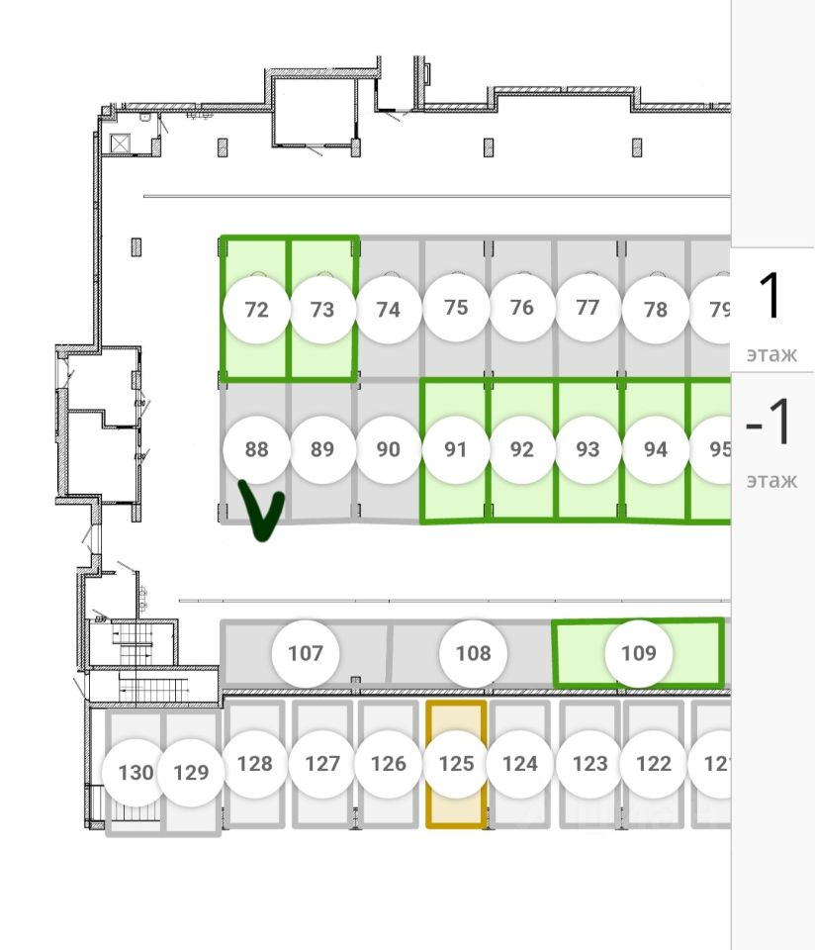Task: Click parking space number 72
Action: pyautogui.click(x=256, y=310)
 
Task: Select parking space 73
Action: pyautogui.click(x=322, y=310)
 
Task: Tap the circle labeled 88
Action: pyautogui.click(x=256, y=449)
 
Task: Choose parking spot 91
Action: pyautogui.click(x=455, y=449)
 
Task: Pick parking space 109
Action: pyautogui.click(x=639, y=653)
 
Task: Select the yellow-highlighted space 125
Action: pyautogui.click(x=456, y=764)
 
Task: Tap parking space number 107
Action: pyautogui.click(x=306, y=653)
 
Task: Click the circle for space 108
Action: pyautogui.click(x=473, y=653)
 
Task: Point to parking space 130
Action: pyautogui.click(x=136, y=772)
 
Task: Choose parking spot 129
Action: pyautogui.click(x=191, y=772)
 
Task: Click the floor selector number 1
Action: pyautogui.click(x=772, y=297)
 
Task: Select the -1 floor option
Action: pyautogui.click(x=770, y=424)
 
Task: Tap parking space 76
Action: pyautogui.click(x=521, y=308)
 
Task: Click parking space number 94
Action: pyautogui.click(x=655, y=449)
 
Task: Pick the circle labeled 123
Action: pyautogui.click(x=589, y=764)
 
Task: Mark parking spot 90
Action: pyautogui.click(x=389, y=449)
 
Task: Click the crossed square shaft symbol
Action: pyautogui.click(x=121, y=143)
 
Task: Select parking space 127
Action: pyautogui.click(x=322, y=764)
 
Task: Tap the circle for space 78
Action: pyautogui.click(x=655, y=310)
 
